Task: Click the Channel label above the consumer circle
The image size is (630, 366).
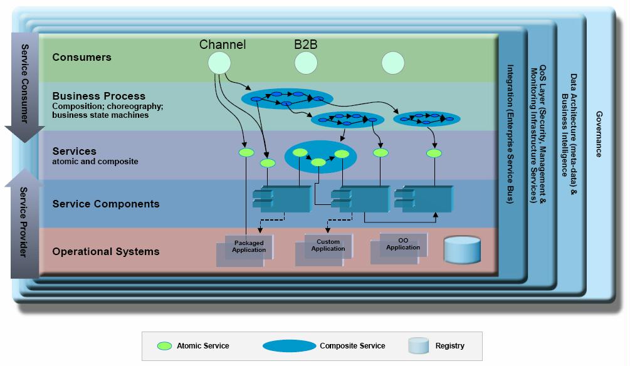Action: coord(223,44)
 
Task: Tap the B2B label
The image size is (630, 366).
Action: coord(306,44)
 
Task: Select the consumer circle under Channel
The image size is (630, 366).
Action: coord(219,63)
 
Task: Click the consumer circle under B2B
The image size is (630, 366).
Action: coord(306,63)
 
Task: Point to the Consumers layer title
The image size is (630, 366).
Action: coord(81,57)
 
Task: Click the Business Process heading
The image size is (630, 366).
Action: coord(98,96)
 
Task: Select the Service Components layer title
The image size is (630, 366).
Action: coord(105,204)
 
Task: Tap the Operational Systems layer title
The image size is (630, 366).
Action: coord(105,251)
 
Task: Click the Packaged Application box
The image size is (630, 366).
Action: coord(248,246)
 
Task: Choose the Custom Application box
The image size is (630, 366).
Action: coord(328,245)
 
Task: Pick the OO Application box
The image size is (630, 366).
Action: coord(402,244)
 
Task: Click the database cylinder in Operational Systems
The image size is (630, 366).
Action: coord(462,249)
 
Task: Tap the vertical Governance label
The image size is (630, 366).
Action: coord(599,134)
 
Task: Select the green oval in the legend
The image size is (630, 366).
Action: coord(165,345)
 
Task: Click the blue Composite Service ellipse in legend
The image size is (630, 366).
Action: coord(289,346)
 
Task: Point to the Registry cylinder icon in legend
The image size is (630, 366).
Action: coord(417,345)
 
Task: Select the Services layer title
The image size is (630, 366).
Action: coord(74,151)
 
